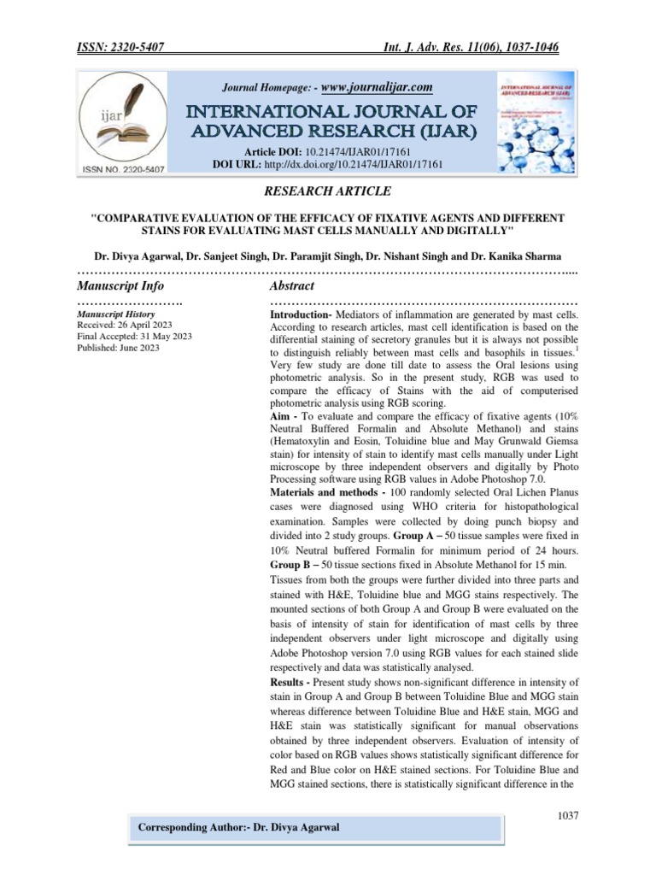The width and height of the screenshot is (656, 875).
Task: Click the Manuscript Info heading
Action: [120, 285]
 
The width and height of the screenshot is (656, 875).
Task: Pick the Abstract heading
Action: [292, 285]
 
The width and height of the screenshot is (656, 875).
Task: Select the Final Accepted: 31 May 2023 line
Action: [133, 337]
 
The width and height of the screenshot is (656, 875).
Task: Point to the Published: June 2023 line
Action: [118, 348]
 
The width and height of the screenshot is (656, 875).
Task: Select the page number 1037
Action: [566, 816]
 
